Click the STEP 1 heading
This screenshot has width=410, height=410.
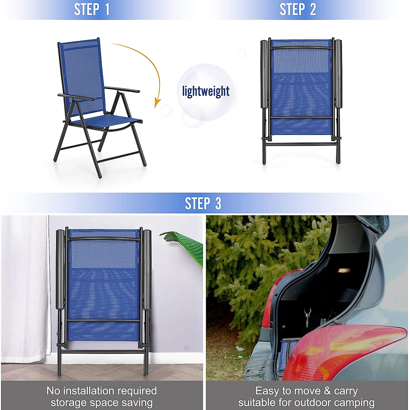[x=92, y=10]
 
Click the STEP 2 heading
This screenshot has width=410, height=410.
[x=298, y=10]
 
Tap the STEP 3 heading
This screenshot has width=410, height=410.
[x=203, y=203]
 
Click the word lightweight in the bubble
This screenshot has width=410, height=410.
[x=206, y=92]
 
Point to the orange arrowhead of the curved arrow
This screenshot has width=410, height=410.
[x=157, y=102]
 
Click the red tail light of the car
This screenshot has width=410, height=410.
[x=345, y=352]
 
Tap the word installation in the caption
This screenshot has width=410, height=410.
[x=102, y=391]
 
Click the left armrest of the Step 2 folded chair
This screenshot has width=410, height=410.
[x=264, y=73]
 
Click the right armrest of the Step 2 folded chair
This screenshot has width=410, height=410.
[x=338, y=73]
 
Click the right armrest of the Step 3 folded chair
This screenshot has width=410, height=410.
[x=147, y=270]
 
